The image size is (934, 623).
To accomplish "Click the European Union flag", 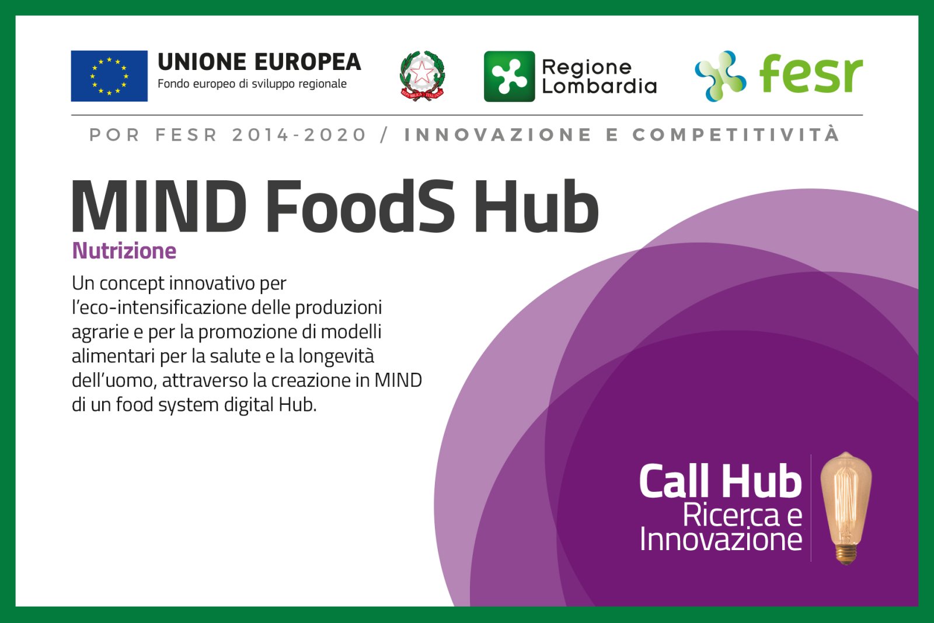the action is (109, 76).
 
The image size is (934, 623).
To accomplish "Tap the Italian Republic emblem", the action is (423, 76).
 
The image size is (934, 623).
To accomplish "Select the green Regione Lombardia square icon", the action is (509, 76).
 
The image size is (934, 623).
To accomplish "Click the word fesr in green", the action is (811, 73).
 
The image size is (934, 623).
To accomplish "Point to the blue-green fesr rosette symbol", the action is (720, 76).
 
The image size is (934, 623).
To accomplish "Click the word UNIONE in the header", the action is (202, 62).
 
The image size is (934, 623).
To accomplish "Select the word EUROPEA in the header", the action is (308, 62).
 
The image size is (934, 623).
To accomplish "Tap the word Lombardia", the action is (599, 86).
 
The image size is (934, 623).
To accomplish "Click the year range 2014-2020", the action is (299, 135).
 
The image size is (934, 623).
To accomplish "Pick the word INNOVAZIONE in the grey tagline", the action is (499, 135).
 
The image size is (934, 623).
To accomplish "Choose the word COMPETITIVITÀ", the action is (736, 134).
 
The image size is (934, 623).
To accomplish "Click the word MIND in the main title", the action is (159, 206).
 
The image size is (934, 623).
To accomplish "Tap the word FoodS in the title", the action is (361, 206).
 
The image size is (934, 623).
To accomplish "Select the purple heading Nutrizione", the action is (124, 251).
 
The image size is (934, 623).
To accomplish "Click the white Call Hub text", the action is (720, 481).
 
